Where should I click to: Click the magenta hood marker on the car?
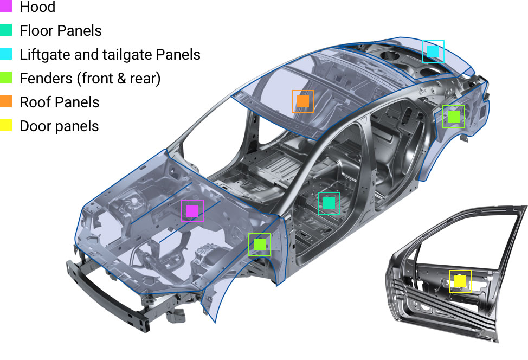(192, 211)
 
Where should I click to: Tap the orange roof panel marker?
(303, 101)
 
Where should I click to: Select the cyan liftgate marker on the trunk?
(433, 52)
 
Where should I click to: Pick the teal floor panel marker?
(329, 203)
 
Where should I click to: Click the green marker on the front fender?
(260, 245)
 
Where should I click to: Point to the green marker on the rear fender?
(454, 117)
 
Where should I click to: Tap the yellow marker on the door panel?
(460, 281)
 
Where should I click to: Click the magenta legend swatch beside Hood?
(6, 6)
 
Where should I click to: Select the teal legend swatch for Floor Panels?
(6, 30)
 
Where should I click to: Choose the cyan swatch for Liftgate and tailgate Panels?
(6, 54)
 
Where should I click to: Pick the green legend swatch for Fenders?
(6, 78)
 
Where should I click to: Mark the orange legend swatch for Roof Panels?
(6, 102)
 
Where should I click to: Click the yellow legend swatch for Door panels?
(6, 125)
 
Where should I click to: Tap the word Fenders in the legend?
(46, 78)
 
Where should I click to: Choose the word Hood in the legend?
(37, 7)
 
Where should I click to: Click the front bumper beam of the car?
(108, 297)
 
